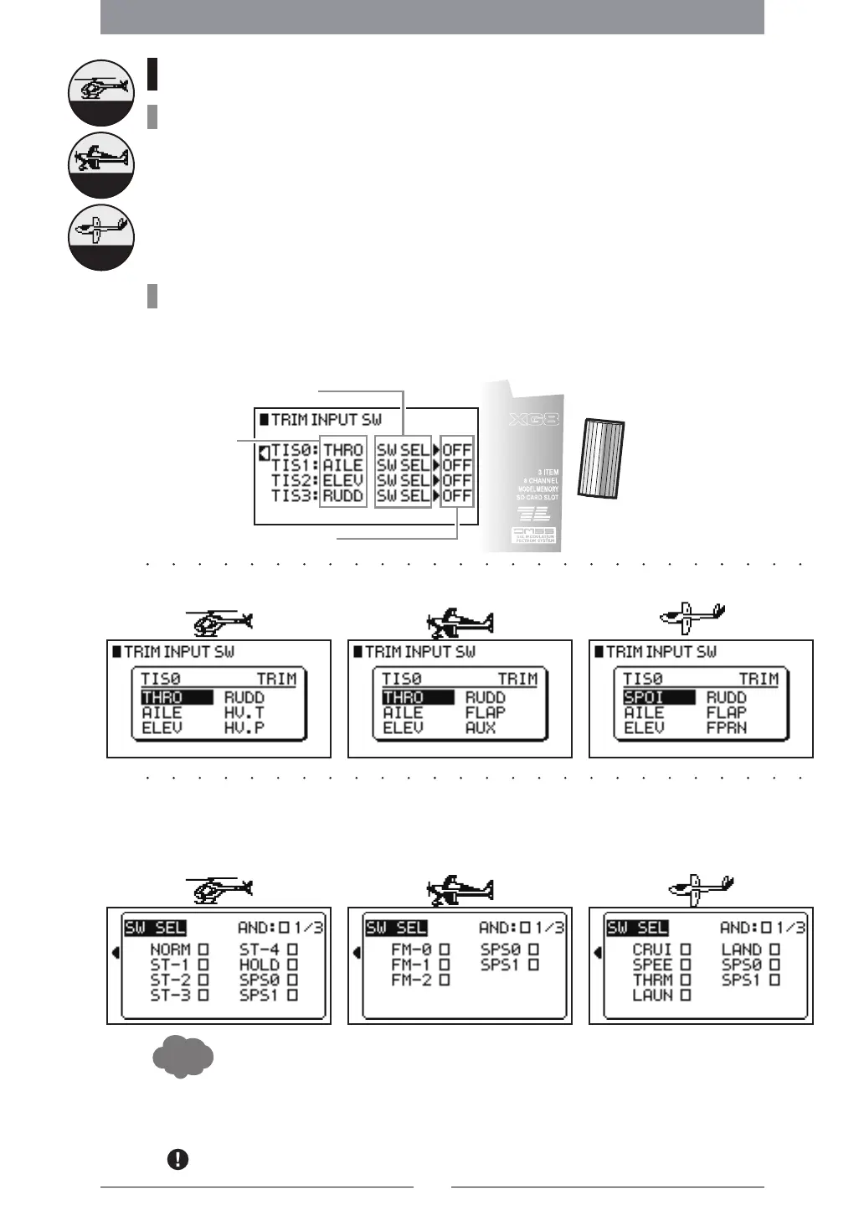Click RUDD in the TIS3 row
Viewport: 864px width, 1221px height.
click(x=343, y=496)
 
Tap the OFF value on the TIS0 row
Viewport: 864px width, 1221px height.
click(x=457, y=450)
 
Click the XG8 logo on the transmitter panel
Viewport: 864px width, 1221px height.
click(x=535, y=419)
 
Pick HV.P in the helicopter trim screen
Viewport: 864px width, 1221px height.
click(x=244, y=727)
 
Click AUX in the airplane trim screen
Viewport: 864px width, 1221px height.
click(x=481, y=727)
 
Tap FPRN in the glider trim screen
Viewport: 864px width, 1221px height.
click(x=726, y=727)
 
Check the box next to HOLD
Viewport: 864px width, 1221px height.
click(x=293, y=965)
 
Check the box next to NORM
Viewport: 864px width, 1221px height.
click(x=203, y=949)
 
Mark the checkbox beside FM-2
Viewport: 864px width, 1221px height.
click(x=445, y=980)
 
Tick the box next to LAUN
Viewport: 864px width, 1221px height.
click(x=686, y=995)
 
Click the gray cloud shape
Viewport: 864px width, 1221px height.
click(x=183, y=1057)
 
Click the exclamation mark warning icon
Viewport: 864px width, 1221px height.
click(x=177, y=1160)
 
